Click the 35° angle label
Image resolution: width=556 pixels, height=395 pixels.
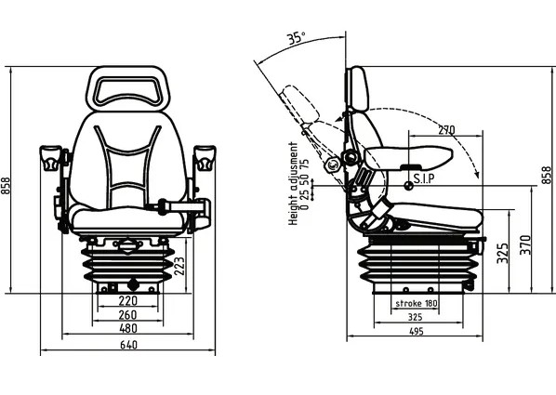pos(296,37)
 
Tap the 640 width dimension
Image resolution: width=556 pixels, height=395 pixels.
pos(128,345)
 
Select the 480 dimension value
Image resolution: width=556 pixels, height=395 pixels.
pos(128,328)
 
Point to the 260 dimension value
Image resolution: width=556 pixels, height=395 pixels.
pos(127,314)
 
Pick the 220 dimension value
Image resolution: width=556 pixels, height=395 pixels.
pos(127,301)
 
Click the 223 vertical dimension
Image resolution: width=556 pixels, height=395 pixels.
pos(179,266)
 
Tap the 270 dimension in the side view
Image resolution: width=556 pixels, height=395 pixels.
pos(446,130)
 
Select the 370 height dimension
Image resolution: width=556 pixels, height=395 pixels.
pos(525,245)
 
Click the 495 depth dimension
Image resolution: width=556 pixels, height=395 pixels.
pos(417,332)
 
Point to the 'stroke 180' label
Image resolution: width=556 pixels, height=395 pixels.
pos(417,304)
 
